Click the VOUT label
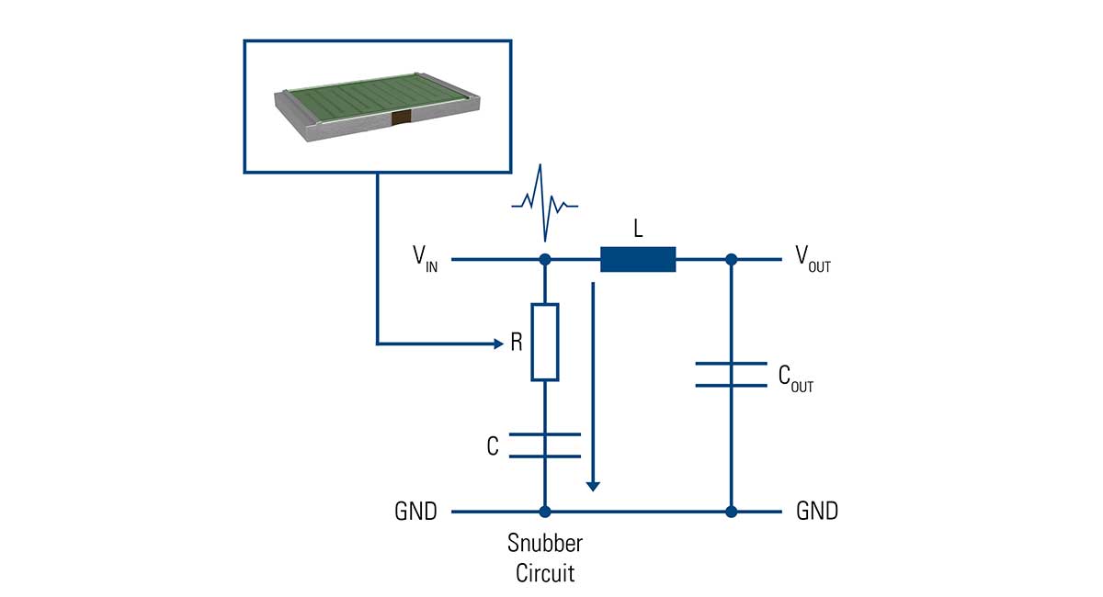(813, 259)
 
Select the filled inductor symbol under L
(638, 260)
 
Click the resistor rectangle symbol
(545, 342)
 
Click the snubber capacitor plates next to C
(545, 445)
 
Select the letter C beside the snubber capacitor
(493, 446)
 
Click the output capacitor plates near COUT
(731, 374)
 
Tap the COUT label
(795, 377)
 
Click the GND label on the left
(415, 512)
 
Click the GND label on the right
(817, 512)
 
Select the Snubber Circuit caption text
(545, 558)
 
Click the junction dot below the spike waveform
(545, 260)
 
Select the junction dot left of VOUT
(731, 260)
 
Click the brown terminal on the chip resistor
(399, 118)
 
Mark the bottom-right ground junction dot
(731, 512)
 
